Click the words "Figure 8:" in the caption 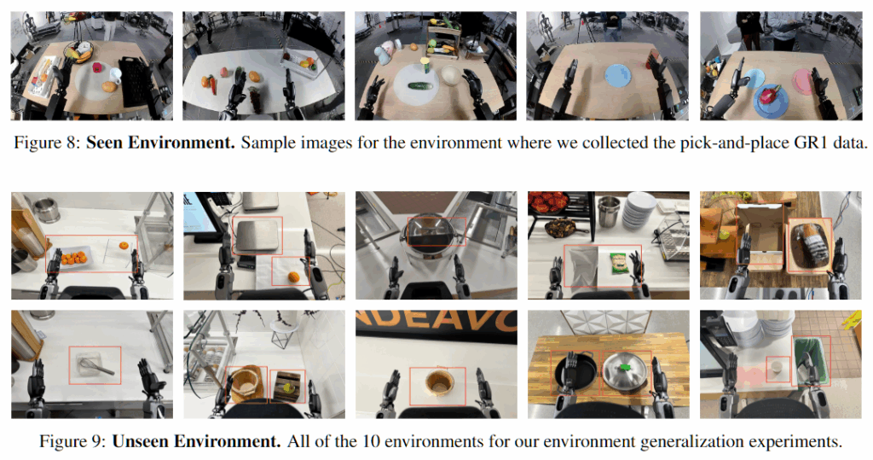pos(47,143)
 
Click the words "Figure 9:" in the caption pos(72,441)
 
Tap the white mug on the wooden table pos(115,74)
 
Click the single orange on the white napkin pos(293,277)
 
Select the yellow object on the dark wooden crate pos(287,385)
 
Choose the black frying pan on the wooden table pos(575,372)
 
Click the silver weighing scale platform pos(257,235)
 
